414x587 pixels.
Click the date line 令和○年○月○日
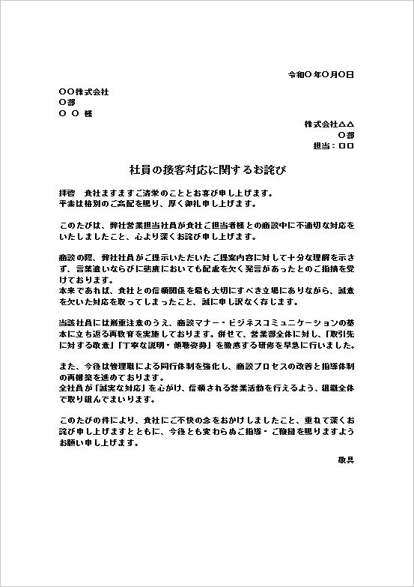coord(321,75)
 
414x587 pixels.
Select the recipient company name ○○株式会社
coord(83,91)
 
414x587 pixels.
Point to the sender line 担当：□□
coord(334,146)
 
